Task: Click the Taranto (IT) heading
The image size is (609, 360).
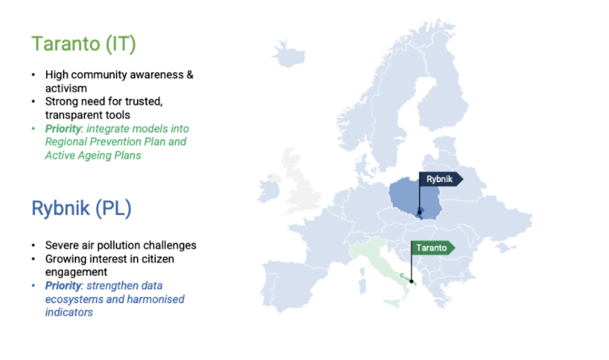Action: [83, 43]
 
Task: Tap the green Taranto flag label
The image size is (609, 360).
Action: [431, 248]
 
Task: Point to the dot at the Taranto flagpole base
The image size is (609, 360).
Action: [411, 281]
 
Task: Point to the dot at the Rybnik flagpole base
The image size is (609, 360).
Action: [419, 213]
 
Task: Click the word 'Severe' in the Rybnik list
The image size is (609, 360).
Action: [62, 245]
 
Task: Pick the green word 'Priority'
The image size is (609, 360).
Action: [65, 128]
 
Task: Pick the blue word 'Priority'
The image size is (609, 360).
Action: [65, 286]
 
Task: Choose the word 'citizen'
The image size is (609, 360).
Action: [157, 258]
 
